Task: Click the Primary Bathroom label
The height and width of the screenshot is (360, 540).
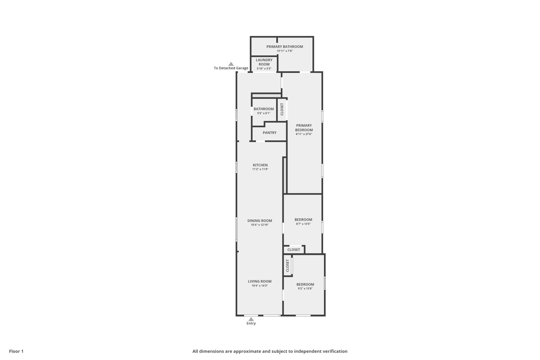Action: coord(285,47)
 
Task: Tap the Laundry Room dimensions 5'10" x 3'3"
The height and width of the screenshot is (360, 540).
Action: coord(264,69)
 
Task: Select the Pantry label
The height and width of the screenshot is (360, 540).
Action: coord(269,133)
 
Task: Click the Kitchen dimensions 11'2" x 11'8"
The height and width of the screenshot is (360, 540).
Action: coord(260,169)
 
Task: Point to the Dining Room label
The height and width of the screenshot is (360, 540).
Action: coord(259,221)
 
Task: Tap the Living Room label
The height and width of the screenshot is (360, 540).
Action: coord(259,281)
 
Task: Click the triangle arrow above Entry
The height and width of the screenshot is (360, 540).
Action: coord(251,319)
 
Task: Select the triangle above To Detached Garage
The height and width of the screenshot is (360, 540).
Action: coord(231,64)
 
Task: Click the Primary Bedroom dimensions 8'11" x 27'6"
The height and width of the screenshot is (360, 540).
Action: coord(304,134)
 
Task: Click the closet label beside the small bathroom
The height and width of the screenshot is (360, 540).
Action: coord(282,109)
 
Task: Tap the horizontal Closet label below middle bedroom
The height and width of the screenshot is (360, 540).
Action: coord(293,250)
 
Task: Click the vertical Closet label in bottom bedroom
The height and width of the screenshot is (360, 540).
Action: coord(288,265)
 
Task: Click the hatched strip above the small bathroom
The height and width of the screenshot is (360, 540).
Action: coord(266,96)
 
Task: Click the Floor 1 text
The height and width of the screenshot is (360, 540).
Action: coord(16,351)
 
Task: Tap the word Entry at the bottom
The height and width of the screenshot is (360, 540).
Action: coord(251,324)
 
